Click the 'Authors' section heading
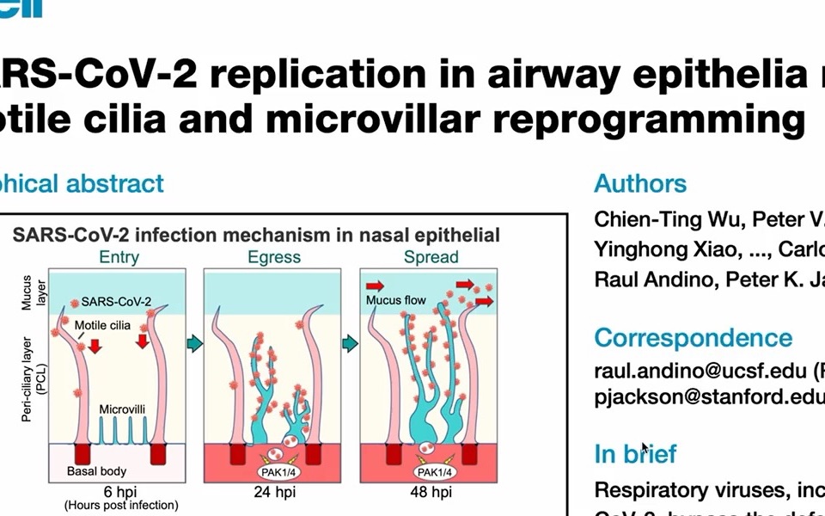(640, 183)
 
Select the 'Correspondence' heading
(693, 337)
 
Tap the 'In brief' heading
(635, 453)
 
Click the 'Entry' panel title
(119, 256)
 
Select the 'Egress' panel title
(274, 256)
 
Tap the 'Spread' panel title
(431, 256)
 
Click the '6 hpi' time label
(119, 492)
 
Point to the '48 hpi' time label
(431, 492)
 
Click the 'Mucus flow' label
(395, 300)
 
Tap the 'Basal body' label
(96, 471)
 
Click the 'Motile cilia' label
(104, 326)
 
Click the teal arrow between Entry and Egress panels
(194, 344)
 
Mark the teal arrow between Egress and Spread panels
(350, 344)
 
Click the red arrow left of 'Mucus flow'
(376, 285)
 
